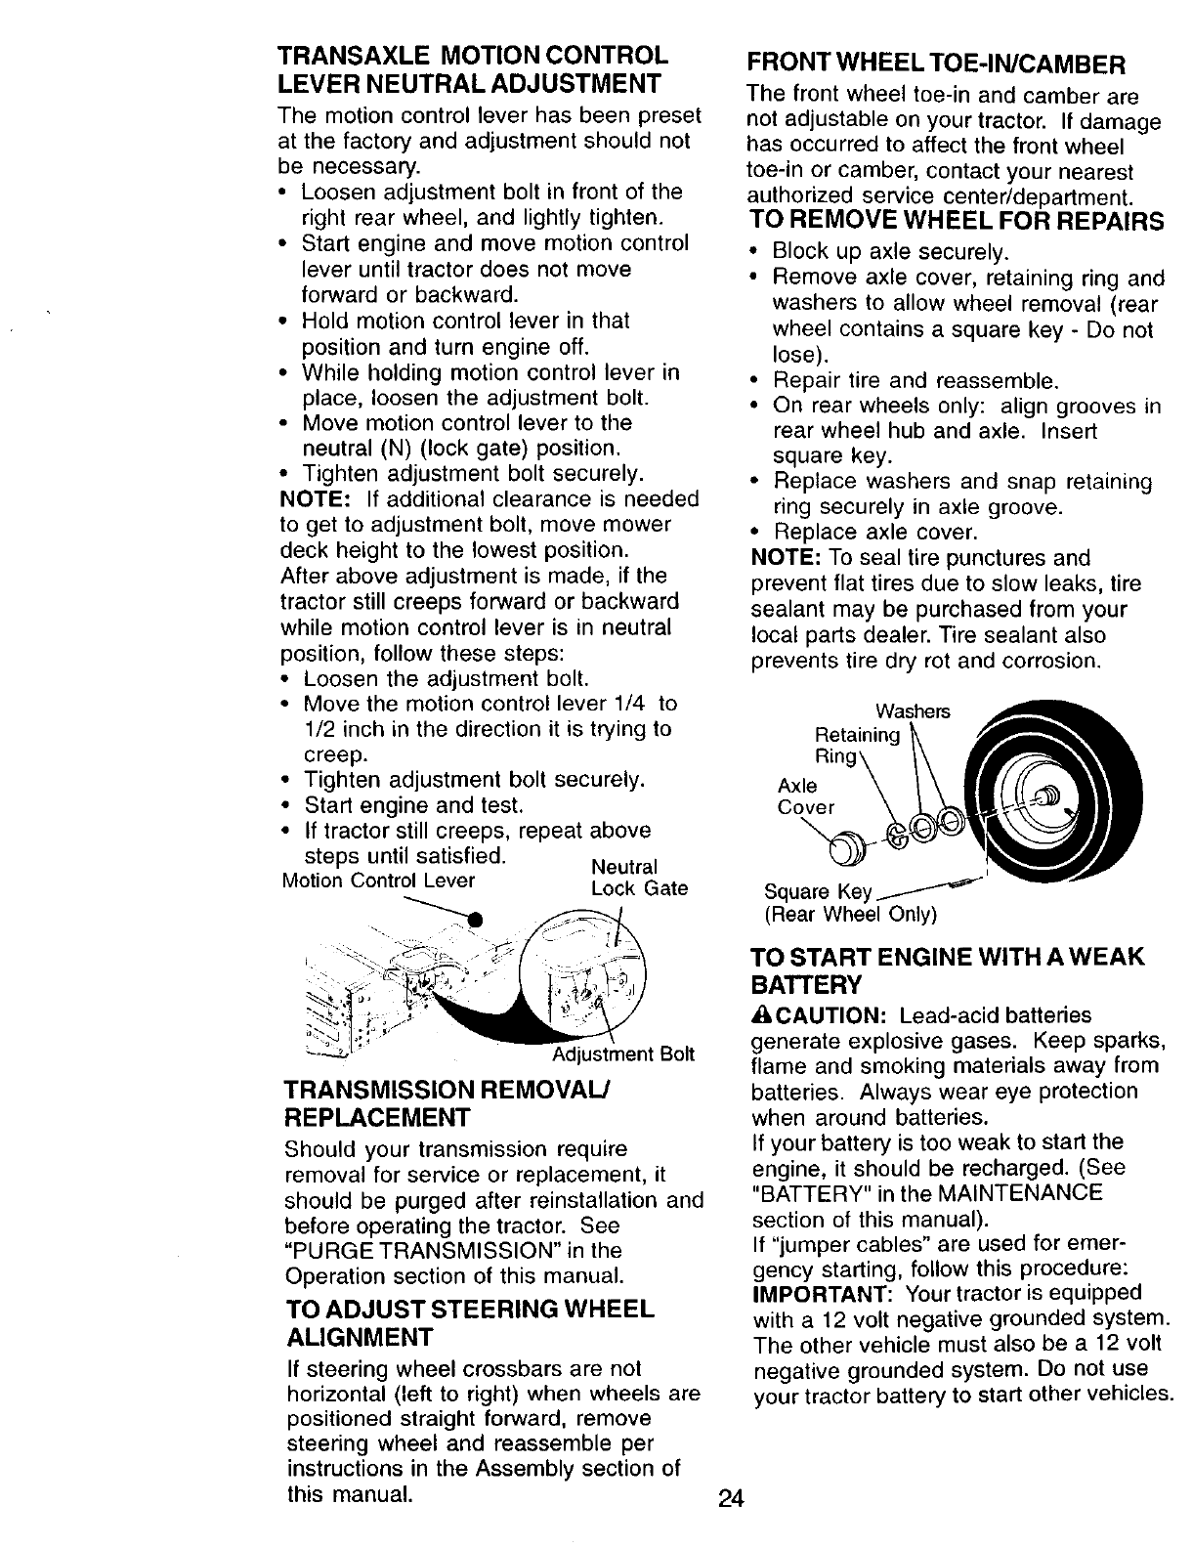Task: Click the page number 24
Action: (x=731, y=1498)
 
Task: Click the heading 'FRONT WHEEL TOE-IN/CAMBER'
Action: (x=937, y=64)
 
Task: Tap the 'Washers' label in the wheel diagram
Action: (x=913, y=709)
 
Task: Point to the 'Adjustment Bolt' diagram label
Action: (x=623, y=1054)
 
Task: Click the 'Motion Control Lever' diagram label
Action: (x=378, y=881)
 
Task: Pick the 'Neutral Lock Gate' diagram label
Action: (x=639, y=878)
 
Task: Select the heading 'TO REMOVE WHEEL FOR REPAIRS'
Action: (x=957, y=221)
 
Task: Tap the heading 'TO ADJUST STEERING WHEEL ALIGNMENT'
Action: (x=470, y=1322)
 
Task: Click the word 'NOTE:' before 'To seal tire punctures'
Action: (x=785, y=558)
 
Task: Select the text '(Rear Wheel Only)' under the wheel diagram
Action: (x=850, y=915)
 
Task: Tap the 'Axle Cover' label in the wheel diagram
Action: (x=805, y=796)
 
